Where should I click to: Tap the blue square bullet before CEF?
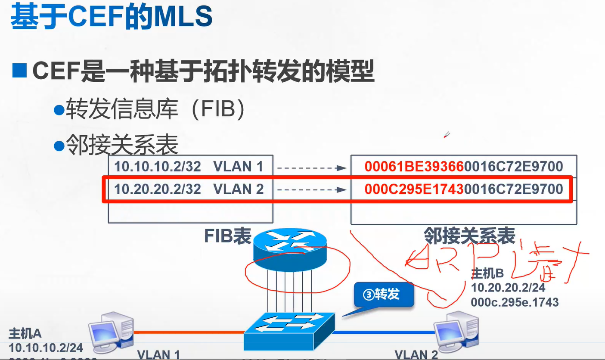click(x=19, y=70)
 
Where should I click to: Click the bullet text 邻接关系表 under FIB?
click(x=122, y=146)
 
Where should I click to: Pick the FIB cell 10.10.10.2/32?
click(x=158, y=167)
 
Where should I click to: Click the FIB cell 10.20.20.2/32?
click(x=158, y=189)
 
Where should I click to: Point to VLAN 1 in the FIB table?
click(x=238, y=167)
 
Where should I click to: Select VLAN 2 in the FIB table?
click(x=238, y=189)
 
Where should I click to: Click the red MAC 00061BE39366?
click(x=414, y=167)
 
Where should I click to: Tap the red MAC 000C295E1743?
click(x=414, y=189)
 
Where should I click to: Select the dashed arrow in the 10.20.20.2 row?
click(x=311, y=189)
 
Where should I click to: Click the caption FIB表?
click(x=227, y=236)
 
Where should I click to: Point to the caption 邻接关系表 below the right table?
click(x=469, y=236)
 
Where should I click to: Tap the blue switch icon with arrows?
click(x=289, y=330)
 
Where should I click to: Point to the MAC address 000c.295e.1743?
click(x=515, y=302)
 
